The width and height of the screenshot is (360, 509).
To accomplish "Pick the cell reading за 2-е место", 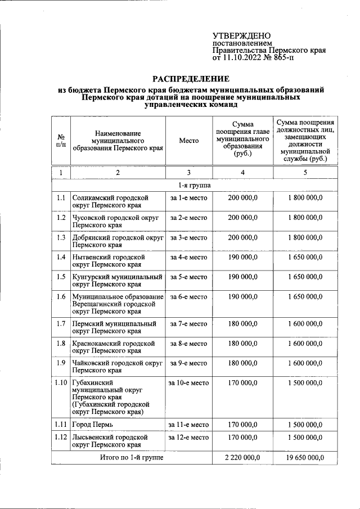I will pyautogui.click(x=188, y=218).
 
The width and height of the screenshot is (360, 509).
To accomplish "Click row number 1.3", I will pyautogui.click(x=61, y=237).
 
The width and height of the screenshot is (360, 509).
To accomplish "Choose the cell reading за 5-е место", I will pyautogui.click(x=188, y=277).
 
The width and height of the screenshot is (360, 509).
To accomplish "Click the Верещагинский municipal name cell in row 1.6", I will pyautogui.click(x=118, y=304).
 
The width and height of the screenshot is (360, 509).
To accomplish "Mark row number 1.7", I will pyautogui.click(x=61, y=323).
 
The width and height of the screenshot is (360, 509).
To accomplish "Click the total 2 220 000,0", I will pyautogui.click(x=242, y=458).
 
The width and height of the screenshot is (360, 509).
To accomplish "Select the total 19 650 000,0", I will pyautogui.click(x=305, y=458).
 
